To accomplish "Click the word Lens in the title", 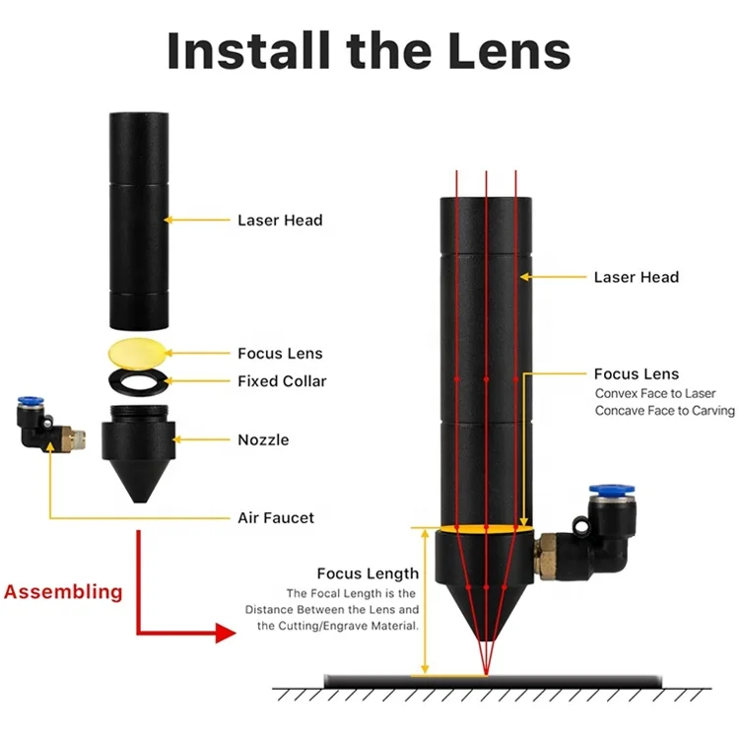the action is pyautogui.click(x=509, y=51).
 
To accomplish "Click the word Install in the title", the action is pyautogui.click(x=248, y=51).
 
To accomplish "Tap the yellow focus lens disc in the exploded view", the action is pyautogui.click(x=137, y=353).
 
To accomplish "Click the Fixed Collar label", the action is pyautogui.click(x=282, y=381).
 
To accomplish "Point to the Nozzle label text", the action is pyautogui.click(x=263, y=440).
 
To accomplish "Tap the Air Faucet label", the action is pyautogui.click(x=276, y=518).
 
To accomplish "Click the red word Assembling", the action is pyautogui.click(x=63, y=592).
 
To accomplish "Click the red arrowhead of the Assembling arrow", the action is pyautogui.click(x=226, y=633).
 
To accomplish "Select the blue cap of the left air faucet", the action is pyautogui.click(x=32, y=401).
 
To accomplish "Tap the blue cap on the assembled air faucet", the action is pyautogui.click(x=611, y=490).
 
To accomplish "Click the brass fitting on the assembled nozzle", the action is pyautogui.click(x=546, y=556).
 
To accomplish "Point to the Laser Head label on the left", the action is pyautogui.click(x=280, y=220).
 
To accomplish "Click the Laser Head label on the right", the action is pyautogui.click(x=637, y=277).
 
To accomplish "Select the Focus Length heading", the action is pyautogui.click(x=368, y=573).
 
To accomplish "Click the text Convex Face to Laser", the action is pyautogui.click(x=655, y=393).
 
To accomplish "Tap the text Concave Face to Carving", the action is pyautogui.click(x=664, y=411).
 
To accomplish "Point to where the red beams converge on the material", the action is pyautogui.click(x=486, y=675).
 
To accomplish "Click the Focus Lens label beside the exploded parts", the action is pyautogui.click(x=280, y=354).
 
